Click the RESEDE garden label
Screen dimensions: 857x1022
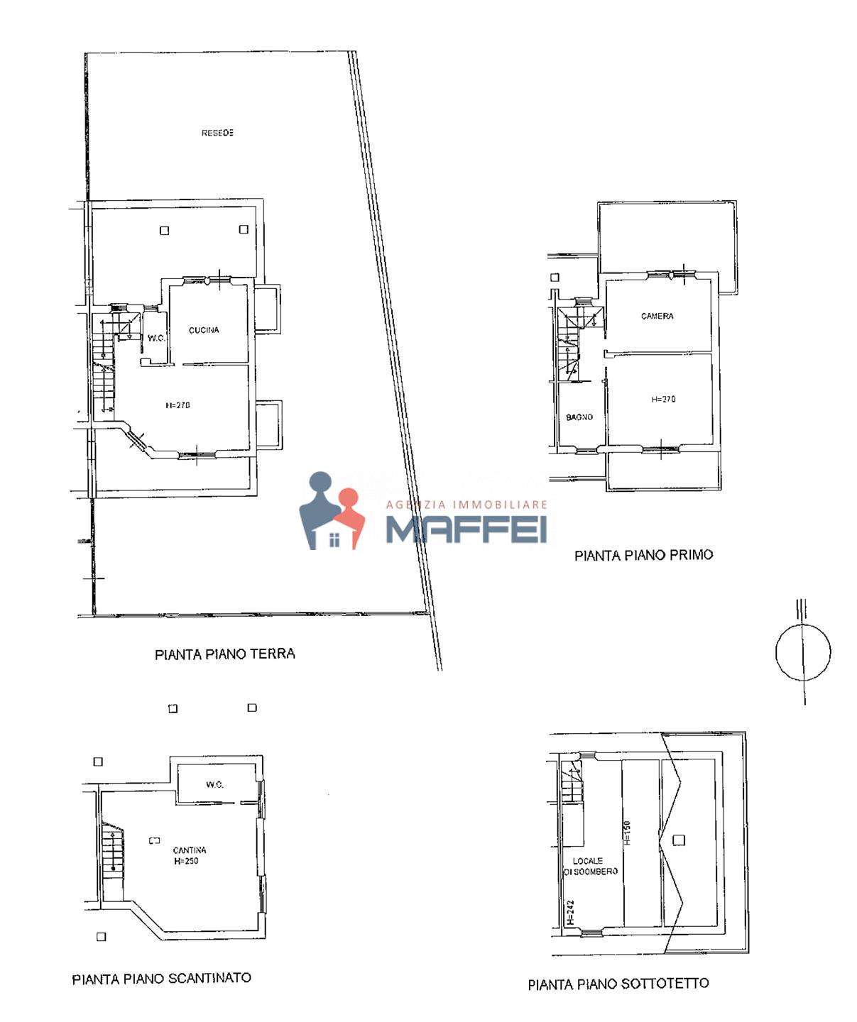click(x=217, y=133)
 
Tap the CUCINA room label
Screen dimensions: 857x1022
click(x=204, y=330)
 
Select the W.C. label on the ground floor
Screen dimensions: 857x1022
click(x=156, y=338)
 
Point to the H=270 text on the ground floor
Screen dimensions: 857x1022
click(x=178, y=405)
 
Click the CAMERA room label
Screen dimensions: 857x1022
click(x=657, y=317)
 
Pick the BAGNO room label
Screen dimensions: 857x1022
click(x=579, y=417)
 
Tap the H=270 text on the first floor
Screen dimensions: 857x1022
click(x=663, y=400)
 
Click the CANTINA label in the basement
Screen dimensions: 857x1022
click(x=190, y=850)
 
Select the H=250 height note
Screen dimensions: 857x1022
click(x=186, y=861)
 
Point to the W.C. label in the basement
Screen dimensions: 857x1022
click(x=214, y=785)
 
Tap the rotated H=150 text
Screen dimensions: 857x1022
click(x=628, y=833)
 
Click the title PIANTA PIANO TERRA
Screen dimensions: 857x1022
click(x=225, y=654)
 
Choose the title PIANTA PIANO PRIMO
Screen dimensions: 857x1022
click(x=643, y=555)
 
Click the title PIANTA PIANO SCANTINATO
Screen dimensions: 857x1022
click(x=162, y=979)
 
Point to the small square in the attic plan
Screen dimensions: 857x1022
click(x=678, y=840)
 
